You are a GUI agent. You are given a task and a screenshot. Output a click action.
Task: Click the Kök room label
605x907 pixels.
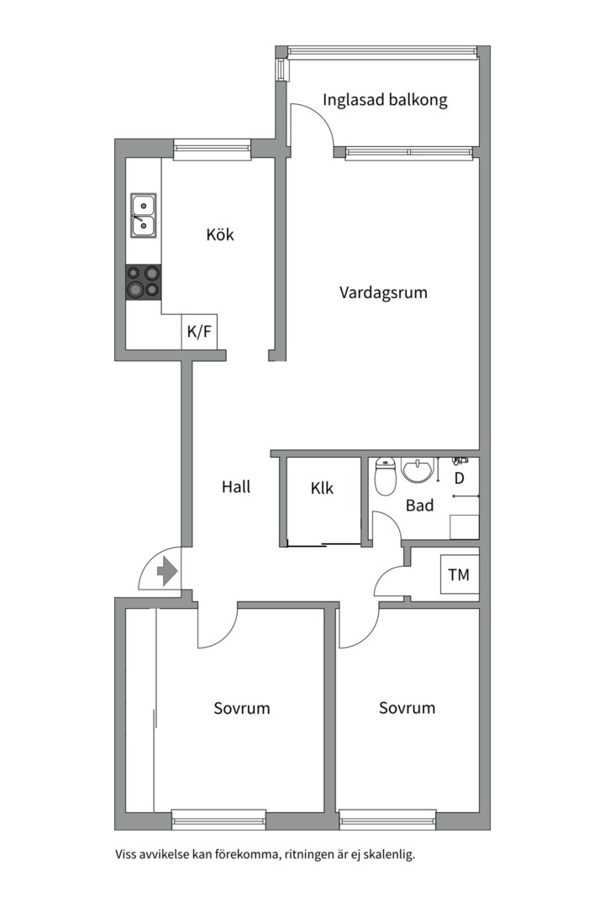coord(220,234)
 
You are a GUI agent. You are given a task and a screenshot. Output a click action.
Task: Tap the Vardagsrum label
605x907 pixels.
coord(383,293)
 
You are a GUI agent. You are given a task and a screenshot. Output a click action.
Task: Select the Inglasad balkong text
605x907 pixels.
coord(385,100)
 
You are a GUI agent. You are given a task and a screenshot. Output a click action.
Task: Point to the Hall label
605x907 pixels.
coord(236,486)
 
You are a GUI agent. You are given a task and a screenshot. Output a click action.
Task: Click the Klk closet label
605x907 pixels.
coord(322,487)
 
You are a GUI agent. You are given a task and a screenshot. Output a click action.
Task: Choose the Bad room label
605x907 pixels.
coord(419,506)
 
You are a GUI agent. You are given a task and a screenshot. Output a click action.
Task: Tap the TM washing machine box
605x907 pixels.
coord(459,575)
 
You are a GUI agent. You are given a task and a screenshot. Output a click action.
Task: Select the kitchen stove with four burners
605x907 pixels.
coord(143,282)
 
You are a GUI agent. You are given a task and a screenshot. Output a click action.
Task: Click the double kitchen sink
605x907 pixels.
coord(143,213)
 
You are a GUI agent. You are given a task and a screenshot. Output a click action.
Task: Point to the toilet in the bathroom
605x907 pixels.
coord(386,476)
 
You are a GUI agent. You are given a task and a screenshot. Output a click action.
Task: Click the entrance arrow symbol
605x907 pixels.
coord(166,572)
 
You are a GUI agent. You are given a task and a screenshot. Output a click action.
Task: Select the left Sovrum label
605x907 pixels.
coord(242,708)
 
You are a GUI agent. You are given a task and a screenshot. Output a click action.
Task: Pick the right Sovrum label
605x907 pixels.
coord(407,708)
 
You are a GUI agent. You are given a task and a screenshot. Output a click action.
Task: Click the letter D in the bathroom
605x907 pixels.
coord(460,479)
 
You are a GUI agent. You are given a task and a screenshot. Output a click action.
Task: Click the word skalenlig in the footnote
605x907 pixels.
coord(387,856)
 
